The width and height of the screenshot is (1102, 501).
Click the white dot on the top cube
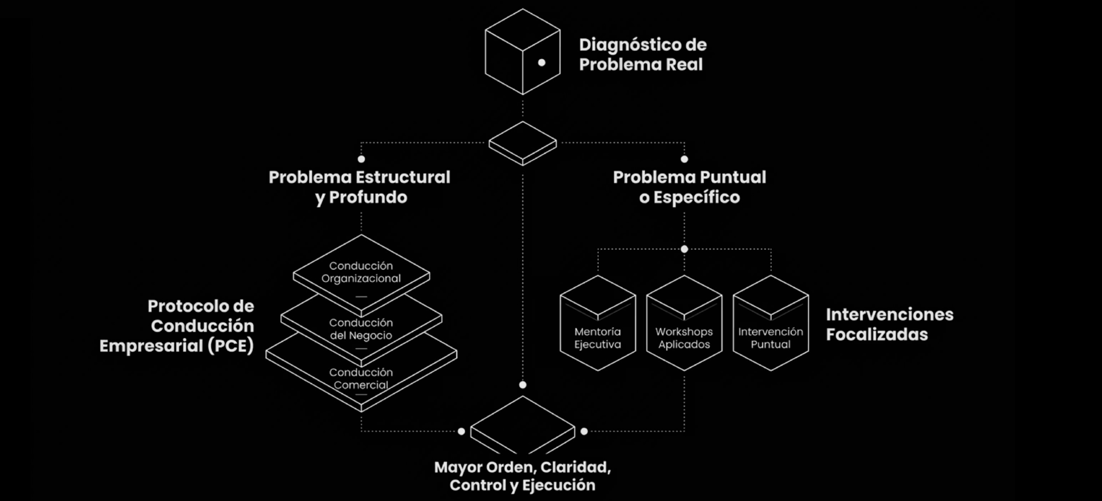(542, 63)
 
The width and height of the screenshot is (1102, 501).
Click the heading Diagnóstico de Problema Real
(642, 54)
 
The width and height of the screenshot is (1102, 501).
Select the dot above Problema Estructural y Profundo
(362, 159)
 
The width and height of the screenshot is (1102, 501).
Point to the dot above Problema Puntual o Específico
(684, 159)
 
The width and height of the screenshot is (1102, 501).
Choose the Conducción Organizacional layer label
(361, 272)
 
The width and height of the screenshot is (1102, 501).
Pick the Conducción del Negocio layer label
(361, 329)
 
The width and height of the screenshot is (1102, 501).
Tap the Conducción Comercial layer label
(361, 379)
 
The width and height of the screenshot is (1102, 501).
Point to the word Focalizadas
(877, 334)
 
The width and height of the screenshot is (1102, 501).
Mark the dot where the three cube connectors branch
(684, 249)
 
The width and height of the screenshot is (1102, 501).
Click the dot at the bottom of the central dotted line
(523, 385)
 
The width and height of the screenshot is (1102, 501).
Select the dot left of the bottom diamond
(461, 431)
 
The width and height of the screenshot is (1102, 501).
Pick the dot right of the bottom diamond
(584, 431)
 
